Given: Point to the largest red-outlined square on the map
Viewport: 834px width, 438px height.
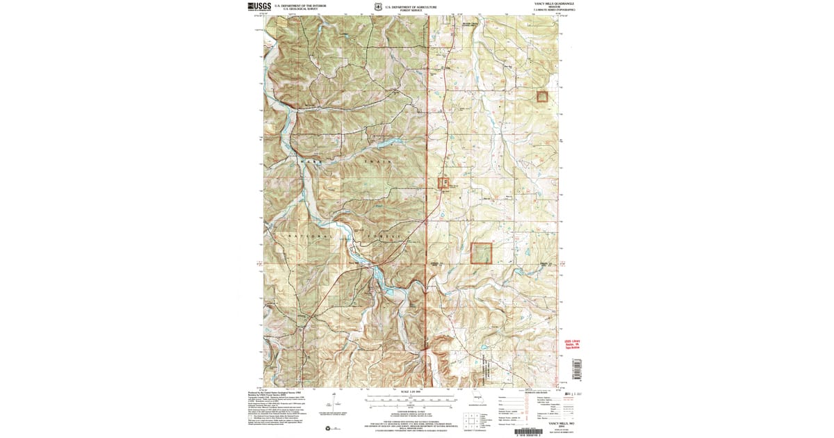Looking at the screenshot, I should click(x=481, y=253).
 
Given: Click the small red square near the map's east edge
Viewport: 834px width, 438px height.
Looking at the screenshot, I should click(x=542, y=97).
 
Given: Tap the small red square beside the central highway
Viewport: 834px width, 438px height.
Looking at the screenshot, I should click(x=443, y=183).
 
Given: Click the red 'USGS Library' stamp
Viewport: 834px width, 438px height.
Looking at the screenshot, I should click(x=571, y=346).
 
